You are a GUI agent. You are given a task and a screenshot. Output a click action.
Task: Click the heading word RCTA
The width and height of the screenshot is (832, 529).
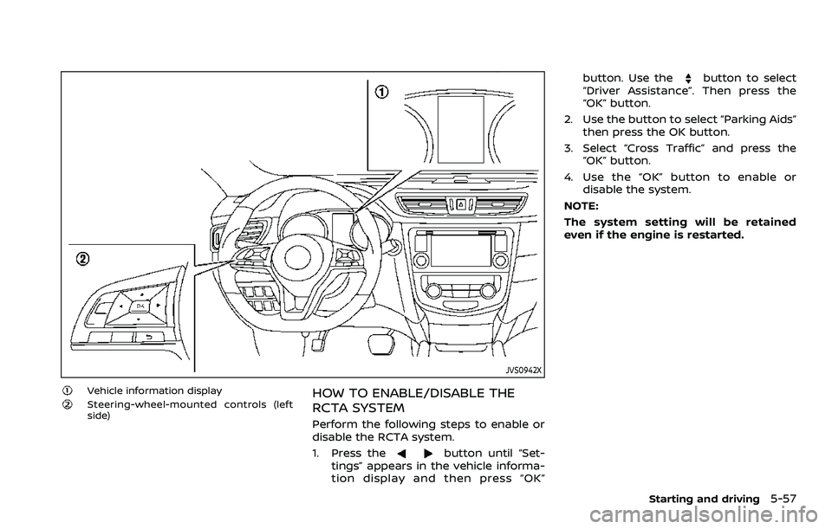point(334,410)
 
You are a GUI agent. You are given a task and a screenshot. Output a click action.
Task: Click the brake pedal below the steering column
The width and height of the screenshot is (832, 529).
point(380,344)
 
